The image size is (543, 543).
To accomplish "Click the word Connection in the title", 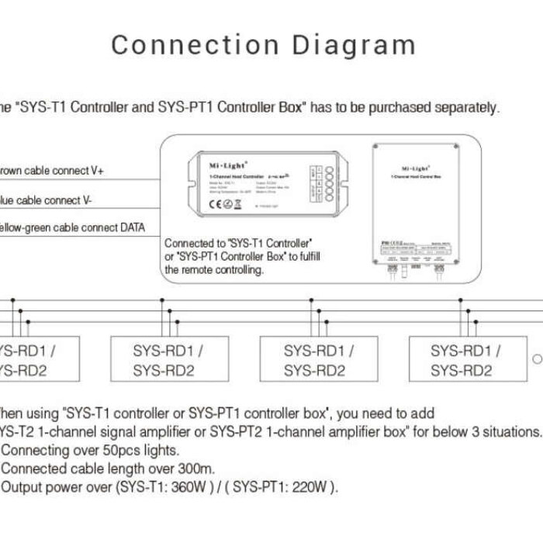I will coord(178,44).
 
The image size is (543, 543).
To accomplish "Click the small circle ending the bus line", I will coord(537,359).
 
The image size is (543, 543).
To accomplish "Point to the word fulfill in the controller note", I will coord(307,256).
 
